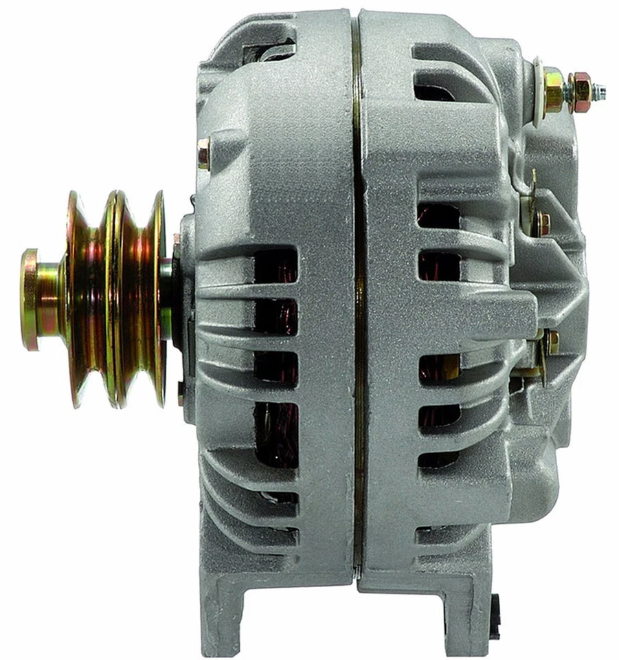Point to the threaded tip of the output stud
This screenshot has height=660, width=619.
pos(599,90)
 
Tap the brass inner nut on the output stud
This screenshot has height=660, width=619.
pos(554,89)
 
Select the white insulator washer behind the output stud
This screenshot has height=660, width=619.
pos(537,85)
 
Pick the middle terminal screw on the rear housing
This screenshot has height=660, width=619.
pos(542,221)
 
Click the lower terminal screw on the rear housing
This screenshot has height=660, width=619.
pos(551,341)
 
